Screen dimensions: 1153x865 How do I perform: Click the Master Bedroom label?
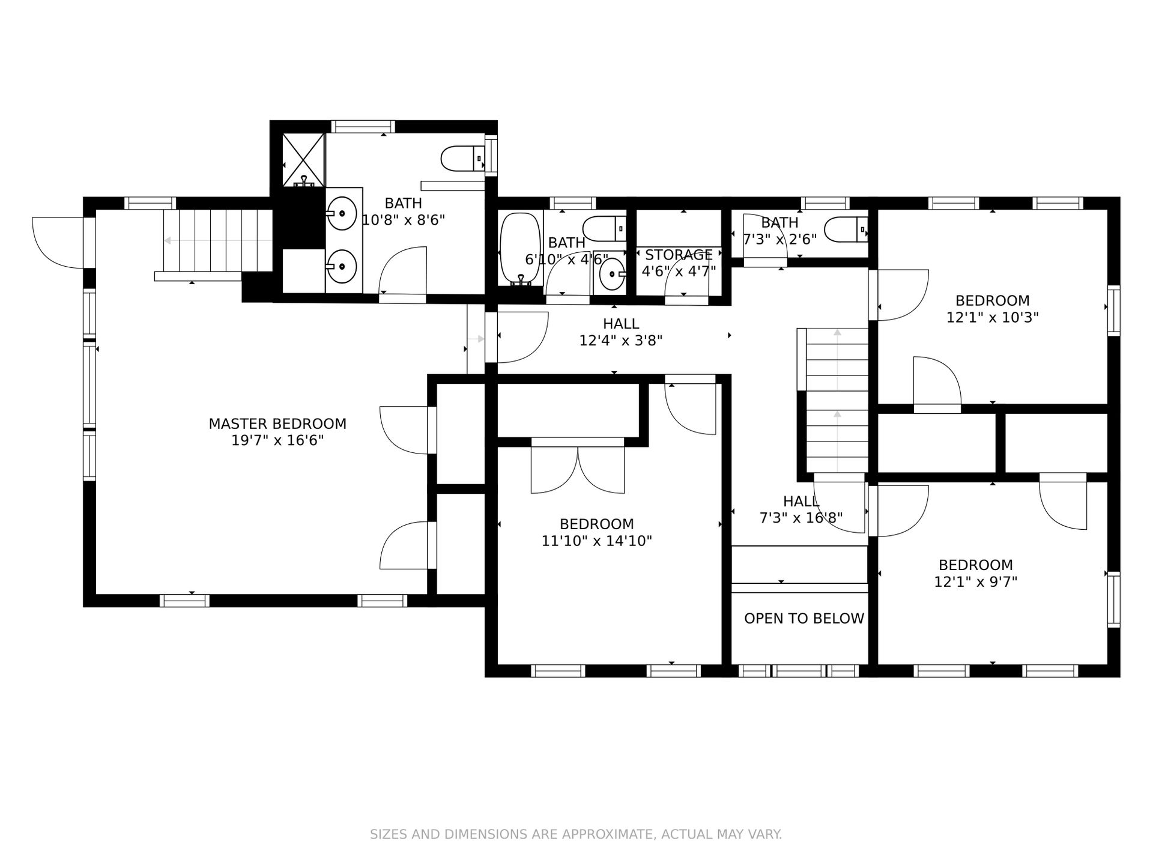[277, 423]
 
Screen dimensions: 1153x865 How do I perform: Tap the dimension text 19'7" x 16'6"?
[277, 440]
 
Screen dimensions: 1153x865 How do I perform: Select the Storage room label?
[679, 255]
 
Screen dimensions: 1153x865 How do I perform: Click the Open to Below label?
[804, 619]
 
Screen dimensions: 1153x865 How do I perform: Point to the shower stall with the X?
[303, 160]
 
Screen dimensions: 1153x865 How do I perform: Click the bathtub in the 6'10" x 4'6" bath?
[520, 249]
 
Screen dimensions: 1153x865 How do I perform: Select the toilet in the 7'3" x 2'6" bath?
[846, 229]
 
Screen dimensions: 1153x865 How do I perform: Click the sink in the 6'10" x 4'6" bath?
[611, 275]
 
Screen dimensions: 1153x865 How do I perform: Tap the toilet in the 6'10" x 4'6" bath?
[605, 229]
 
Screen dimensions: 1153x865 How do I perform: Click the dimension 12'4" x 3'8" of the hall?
[621, 341]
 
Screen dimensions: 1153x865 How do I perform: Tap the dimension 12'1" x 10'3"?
[992, 317]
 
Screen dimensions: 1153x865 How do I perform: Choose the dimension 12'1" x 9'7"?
[976, 581]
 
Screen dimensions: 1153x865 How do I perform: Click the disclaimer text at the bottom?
[576, 834]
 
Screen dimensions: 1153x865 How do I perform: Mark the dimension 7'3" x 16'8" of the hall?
[801, 518]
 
